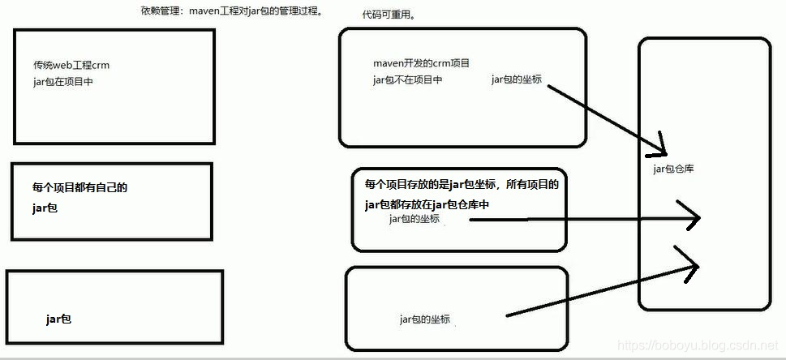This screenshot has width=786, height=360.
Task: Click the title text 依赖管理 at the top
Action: click(161, 11)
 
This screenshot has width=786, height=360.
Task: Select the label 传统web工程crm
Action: click(71, 65)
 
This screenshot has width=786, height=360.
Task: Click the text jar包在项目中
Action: click(63, 81)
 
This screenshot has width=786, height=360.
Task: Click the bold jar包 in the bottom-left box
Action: click(59, 319)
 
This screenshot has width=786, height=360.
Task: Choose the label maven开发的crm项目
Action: click(421, 63)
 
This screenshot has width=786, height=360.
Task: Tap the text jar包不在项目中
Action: click(407, 79)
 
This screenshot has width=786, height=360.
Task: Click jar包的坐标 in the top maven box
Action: click(517, 79)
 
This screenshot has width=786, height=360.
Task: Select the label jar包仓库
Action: click(673, 169)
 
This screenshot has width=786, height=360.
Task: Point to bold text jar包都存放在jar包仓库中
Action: click(427, 204)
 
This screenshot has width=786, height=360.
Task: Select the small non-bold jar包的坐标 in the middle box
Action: click(414, 218)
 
